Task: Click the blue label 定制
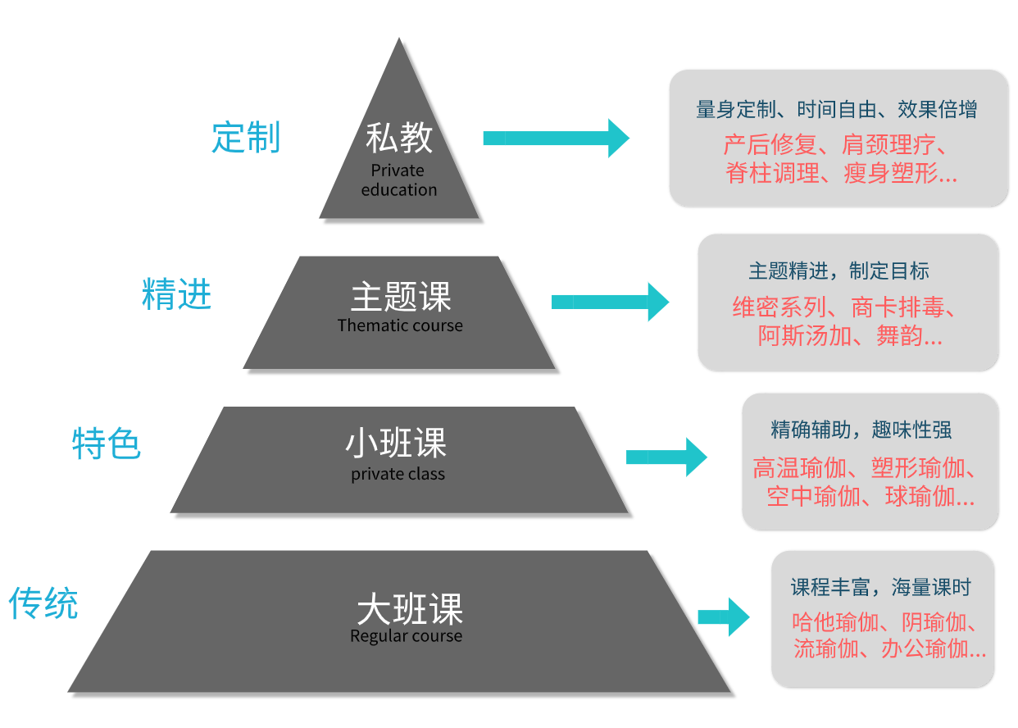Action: tap(246, 137)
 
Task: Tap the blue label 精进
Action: tap(176, 294)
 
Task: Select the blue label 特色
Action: tap(107, 444)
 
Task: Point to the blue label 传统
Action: tap(43, 603)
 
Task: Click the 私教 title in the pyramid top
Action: tap(399, 137)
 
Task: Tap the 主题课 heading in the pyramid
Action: tap(401, 297)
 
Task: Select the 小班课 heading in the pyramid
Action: tap(396, 444)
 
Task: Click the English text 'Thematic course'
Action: tap(400, 325)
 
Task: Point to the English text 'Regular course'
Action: tap(406, 636)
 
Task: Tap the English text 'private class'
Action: tap(398, 474)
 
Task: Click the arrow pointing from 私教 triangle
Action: tap(556, 138)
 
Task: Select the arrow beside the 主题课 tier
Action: tap(610, 302)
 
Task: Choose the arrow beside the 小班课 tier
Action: tap(666, 457)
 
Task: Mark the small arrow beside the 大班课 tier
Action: tap(723, 617)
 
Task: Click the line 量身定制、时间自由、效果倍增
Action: tap(836, 109)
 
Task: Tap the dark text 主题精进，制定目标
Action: tap(838, 271)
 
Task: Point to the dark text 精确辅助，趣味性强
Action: tap(861, 430)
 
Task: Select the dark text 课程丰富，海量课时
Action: tap(880, 587)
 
